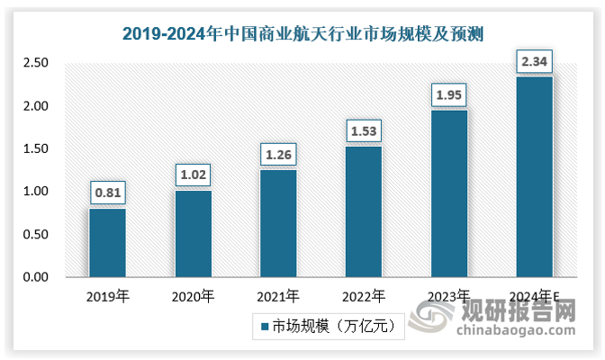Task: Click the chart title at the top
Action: point(302,35)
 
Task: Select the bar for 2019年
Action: point(107,243)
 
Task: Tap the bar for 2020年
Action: point(193,234)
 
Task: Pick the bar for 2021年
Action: point(278,223)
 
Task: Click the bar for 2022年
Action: point(364,211)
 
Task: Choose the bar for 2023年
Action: point(449,193)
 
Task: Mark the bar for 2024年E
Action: point(535,177)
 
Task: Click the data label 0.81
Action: point(107,192)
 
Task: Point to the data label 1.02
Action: point(193,174)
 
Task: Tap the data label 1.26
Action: point(278,153)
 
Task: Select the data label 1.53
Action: point(364,130)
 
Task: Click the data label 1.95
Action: point(449,94)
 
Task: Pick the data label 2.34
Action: point(535,61)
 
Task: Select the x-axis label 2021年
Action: point(278,295)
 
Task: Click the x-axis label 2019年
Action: point(107,295)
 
